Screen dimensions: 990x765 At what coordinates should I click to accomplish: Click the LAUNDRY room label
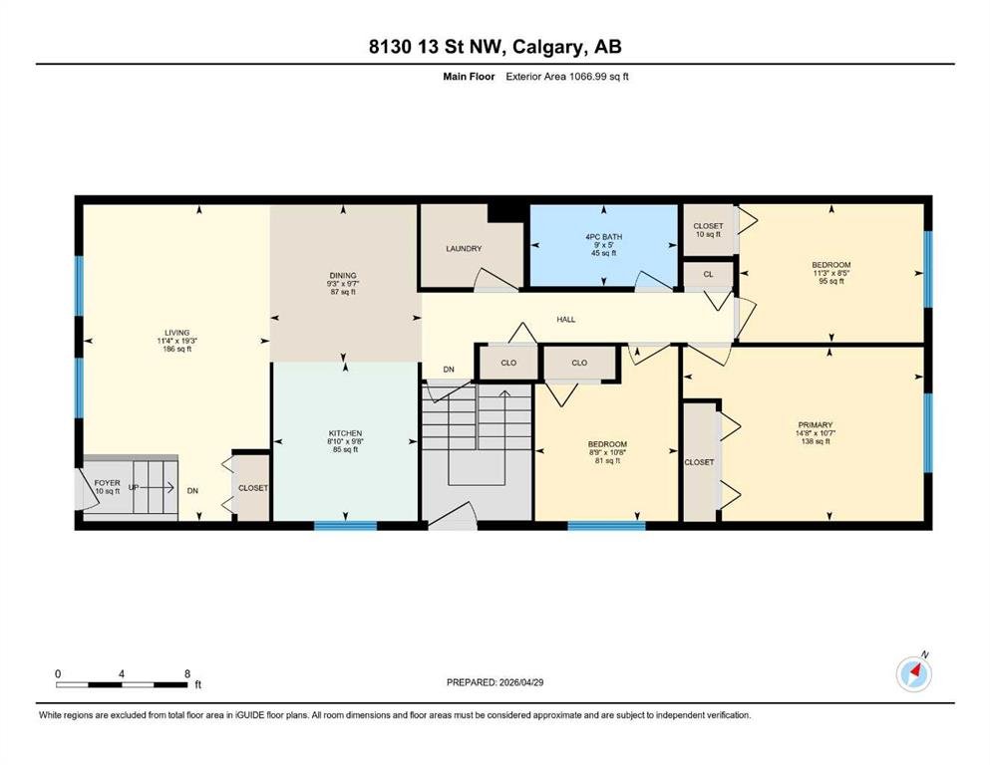tap(464, 248)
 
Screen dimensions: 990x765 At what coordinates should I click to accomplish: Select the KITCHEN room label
tap(345, 433)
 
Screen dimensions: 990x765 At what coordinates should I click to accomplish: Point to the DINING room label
tap(343, 276)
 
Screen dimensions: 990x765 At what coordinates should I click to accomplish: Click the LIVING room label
tap(177, 333)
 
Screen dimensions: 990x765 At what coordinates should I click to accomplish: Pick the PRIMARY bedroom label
tap(816, 425)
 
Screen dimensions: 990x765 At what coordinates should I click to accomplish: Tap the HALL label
tap(565, 319)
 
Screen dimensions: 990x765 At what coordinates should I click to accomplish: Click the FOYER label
tap(108, 483)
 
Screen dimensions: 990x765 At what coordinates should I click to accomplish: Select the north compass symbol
tap(913, 673)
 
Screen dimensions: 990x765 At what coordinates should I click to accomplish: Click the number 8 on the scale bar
tap(187, 673)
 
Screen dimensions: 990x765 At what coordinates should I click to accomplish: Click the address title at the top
tap(495, 47)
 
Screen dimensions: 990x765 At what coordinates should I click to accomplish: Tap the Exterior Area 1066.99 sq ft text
tap(567, 77)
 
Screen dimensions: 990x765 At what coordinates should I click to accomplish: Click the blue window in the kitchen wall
tap(345, 525)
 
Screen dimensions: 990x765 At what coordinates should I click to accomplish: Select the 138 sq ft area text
tap(816, 441)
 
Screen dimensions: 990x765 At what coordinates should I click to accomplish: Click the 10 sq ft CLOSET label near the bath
tap(709, 230)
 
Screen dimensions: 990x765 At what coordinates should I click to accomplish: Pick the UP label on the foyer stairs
tap(134, 487)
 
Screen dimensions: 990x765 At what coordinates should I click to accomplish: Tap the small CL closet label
tap(709, 274)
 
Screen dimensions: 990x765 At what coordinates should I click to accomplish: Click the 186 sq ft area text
tap(177, 349)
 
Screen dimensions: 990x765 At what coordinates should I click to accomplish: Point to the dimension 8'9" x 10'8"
tap(607, 452)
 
